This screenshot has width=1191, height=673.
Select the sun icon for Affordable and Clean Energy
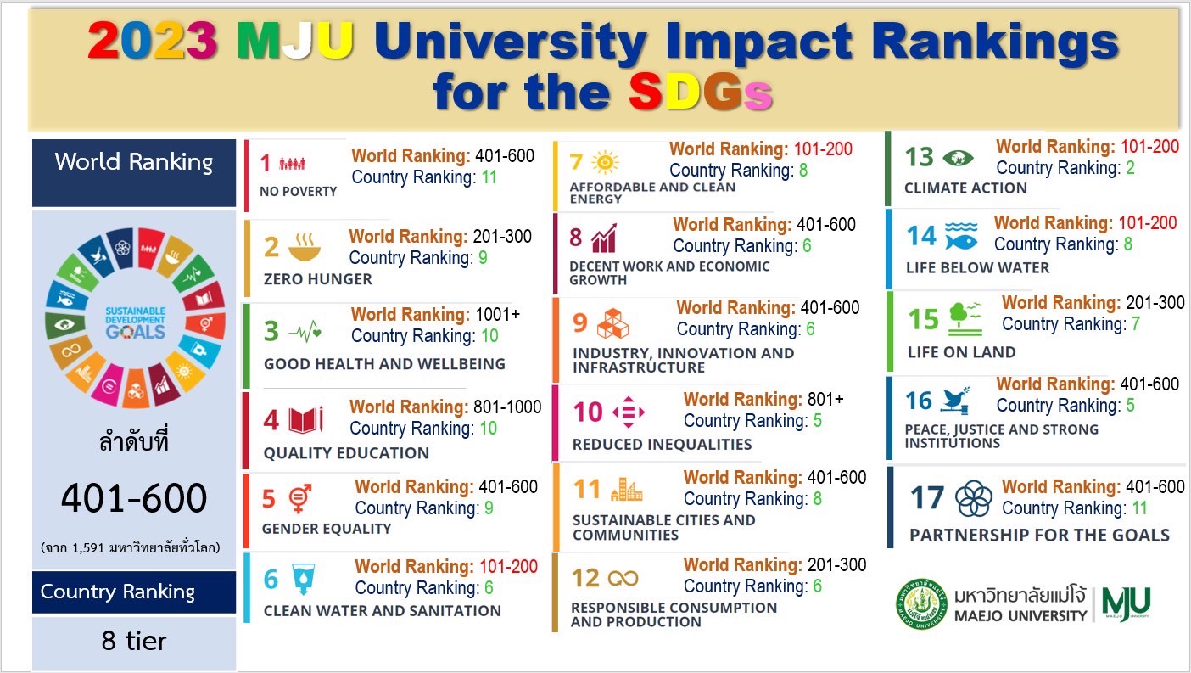[x=606, y=161]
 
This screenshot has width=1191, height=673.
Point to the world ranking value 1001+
[x=498, y=315]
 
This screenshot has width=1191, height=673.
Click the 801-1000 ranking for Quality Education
[x=506, y=407]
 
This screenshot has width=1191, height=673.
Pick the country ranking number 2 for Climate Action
[x=1130, y=168]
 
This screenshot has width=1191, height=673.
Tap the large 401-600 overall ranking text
[x=134, y=498]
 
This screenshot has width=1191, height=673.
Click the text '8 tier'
[x=134, y=641]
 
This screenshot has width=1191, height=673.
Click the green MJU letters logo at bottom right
[x=1127, y=603]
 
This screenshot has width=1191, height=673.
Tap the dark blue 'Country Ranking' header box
[x=134, y=592]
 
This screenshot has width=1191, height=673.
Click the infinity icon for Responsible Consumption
[x=623, y=578]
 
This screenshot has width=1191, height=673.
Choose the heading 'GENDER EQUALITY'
[x=327, y=529]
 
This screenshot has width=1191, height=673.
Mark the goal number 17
[x=927, y=498]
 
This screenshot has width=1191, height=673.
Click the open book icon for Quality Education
[x=306, y=420]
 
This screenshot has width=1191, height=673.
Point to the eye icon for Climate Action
[x=958, y=158]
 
